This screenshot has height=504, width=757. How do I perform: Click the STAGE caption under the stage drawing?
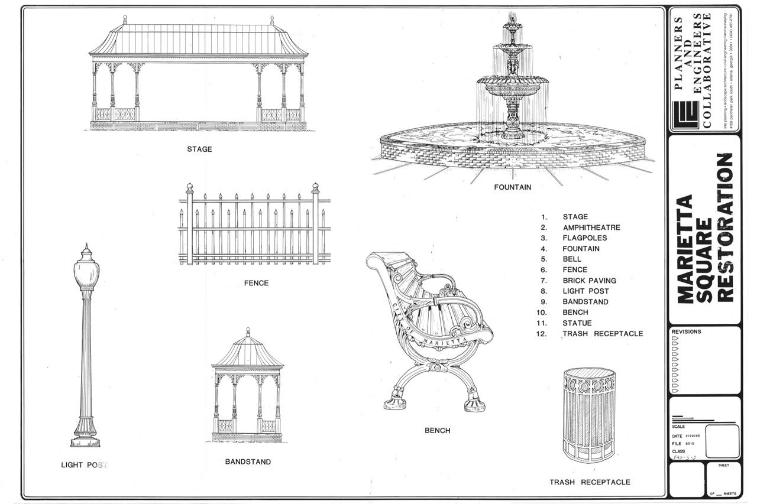pos(199,149)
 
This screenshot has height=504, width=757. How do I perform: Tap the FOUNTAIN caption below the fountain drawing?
pos(513,187)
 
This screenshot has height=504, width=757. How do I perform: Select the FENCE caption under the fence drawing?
pos(256,283)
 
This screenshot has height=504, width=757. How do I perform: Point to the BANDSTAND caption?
pos(248,461)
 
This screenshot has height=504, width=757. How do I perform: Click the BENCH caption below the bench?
pos(437,431)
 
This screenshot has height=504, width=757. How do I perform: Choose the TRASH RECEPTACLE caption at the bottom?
pos(590,482)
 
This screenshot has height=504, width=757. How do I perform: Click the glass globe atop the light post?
pos(86,272)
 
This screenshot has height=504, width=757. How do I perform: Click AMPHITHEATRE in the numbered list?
pos(591,227)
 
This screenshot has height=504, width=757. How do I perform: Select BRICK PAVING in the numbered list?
pos(589,281)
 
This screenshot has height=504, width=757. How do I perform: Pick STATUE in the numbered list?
pos(577,323)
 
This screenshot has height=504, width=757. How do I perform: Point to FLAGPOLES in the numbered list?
pos(584,238)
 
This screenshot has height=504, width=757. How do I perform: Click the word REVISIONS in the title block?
pos(687,332)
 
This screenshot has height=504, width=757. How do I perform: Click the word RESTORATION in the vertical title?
pos(725,227)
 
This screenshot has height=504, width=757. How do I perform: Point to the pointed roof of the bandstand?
pos(248,350)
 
